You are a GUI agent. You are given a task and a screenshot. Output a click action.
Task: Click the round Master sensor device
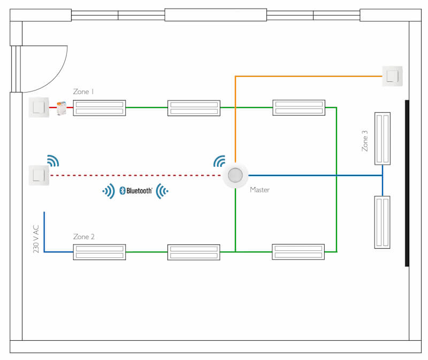pos(235,175)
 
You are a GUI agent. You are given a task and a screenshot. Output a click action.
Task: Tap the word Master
pos(259,190)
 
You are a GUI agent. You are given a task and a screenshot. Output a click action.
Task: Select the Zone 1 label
pos(83,92)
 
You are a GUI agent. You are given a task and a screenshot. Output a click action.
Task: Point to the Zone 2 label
pos(83,236)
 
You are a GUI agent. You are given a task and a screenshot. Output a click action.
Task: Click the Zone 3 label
pos(365,140)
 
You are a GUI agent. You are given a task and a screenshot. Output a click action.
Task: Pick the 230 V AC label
pos(36,238)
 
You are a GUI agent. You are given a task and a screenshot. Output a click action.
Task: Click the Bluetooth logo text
pos(136,190)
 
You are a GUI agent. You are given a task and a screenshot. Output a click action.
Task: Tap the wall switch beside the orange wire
pos(392,76)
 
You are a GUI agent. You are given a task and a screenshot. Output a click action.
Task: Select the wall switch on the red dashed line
pos(39,175)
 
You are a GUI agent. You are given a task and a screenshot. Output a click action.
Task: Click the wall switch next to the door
pos(39,108)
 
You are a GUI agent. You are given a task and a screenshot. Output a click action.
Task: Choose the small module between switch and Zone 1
pos(62,108)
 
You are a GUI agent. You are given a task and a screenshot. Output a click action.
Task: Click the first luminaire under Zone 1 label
pos(100,108)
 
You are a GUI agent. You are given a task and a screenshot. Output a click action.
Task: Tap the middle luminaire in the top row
pos(194,108)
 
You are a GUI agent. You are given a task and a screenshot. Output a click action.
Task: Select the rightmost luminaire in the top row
pos(299,108)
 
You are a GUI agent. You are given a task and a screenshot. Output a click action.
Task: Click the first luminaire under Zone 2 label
pos(100,252)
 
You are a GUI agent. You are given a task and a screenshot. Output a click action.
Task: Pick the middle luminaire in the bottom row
pos(194,252)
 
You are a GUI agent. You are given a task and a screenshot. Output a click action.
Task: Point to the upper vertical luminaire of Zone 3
pos(383,138)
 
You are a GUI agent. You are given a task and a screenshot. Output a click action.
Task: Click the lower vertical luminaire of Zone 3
pos(383,222)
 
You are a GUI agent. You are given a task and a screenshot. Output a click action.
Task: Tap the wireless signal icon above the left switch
pos(52,160)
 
